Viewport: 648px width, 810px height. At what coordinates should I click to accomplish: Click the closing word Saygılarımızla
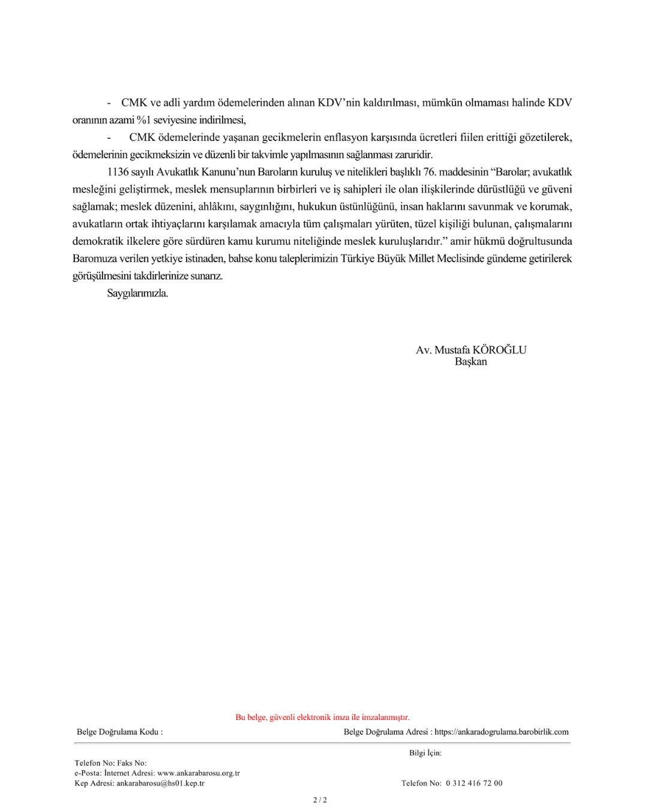pyautogui.click(x=137, y=293)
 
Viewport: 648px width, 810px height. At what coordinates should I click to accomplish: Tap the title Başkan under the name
pyautogui.click(x=470, y=362)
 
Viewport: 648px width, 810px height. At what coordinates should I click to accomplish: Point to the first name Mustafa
pyautogui.click(x=452, y=350)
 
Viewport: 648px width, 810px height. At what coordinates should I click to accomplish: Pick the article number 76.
pyautogui.click(x=430, y=172)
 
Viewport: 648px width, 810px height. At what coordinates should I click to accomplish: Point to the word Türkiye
pyautogui.click(x=359, y=259)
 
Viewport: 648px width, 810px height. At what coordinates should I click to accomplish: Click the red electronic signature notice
pyautogui.click(x=322, y=717)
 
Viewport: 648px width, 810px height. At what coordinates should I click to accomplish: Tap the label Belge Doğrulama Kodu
pyautogui.click(x=119, y=731)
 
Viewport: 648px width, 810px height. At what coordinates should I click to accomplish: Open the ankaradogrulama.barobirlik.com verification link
pyautogui.click(x=501, y=731)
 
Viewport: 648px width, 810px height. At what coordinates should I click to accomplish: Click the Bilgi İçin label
pyautogui.click(x=425, y=752)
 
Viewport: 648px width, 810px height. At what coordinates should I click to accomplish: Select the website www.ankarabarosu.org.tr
pyautogui.click(x=198, y=773)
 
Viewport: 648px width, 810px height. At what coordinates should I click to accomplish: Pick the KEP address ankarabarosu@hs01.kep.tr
pyautogui.click(x=160, y=783)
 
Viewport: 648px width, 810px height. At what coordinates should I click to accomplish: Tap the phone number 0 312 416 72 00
pyautogui.click(x=474, y=783)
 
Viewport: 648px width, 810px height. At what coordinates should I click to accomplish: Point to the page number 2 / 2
pyautogui.click(x=320, y=799)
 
